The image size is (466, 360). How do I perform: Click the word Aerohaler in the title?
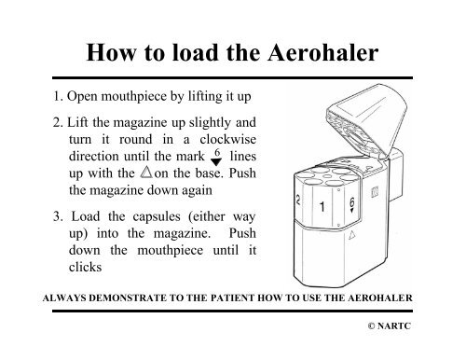(x=323, y=52)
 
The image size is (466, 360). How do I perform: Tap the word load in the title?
(x=195, y=52)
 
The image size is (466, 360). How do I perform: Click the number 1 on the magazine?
(x=322, y=207)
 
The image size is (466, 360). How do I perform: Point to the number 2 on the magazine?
(x=298, y=200)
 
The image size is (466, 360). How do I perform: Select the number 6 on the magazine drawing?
(x=351, y=202)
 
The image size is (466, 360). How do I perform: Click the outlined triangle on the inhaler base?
(x=351, y=235)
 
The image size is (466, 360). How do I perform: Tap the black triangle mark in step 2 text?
(x=216, y=162)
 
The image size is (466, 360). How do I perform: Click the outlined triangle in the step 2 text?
(x=146, y=172)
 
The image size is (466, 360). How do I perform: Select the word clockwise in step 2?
(x=228, y=139)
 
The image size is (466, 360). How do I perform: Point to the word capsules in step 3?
(x=157, y=217)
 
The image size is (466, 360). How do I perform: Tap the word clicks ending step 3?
(x=85, y=267)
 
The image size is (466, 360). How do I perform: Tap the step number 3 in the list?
(x=57, y=216)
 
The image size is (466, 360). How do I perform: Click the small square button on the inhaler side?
(x=375, y=192)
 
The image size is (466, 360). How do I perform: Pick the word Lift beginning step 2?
(x=77, y=122)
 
